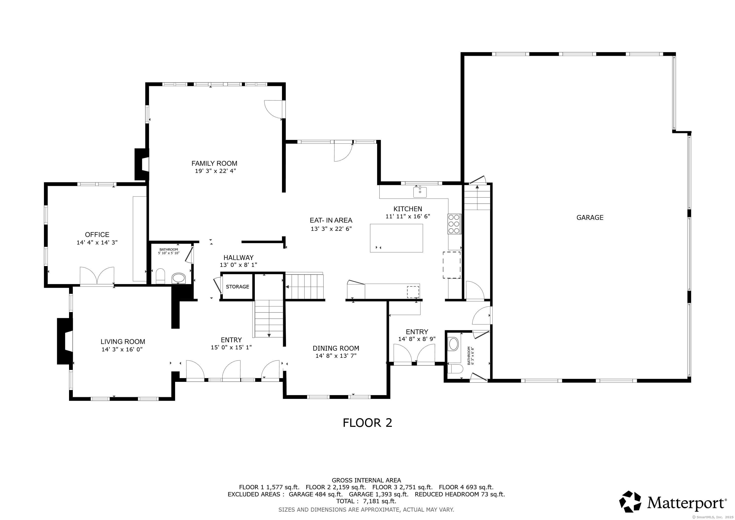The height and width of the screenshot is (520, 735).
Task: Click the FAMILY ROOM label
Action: coord(214,163)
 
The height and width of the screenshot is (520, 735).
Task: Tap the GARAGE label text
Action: coord(590,217)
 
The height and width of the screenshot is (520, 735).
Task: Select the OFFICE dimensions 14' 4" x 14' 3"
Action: coord(97,242)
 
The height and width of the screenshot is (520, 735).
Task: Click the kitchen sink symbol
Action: coord(420,192)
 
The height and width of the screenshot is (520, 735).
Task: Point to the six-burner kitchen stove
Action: coord(454,224)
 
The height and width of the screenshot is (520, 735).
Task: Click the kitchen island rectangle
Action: coord(396,238)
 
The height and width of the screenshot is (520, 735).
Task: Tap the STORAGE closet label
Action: coord(237,287)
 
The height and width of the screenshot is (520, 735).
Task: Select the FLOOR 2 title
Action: coord(367,423)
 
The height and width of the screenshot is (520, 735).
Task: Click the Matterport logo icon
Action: coord(630,501)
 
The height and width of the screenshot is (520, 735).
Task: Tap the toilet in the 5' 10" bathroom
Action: coord(160,276)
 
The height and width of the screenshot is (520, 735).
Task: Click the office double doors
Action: coord(97,276)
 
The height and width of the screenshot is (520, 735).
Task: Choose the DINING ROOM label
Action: coord(336,348)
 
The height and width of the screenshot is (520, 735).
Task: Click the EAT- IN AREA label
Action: coord(331,220)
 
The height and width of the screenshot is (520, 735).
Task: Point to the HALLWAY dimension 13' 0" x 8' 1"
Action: coord(239,265)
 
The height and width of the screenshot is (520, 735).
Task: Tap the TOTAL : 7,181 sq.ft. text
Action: coord(366,501)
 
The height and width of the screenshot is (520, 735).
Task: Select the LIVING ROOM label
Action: coord(123,342)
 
